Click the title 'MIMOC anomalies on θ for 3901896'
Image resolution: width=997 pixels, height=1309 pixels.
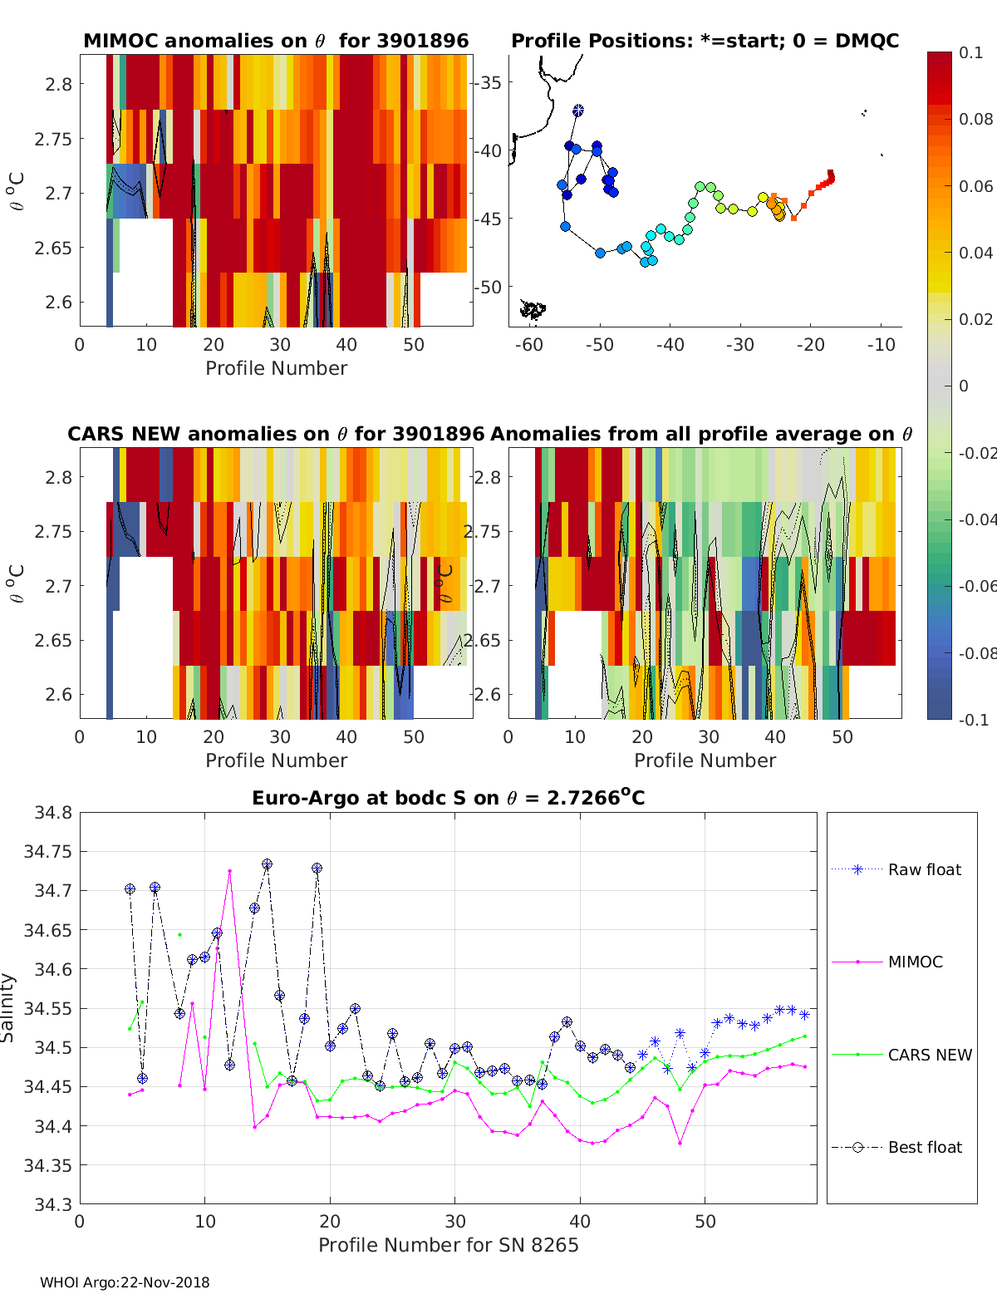coord(276,41)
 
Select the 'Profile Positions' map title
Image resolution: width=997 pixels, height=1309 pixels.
coord(705,41)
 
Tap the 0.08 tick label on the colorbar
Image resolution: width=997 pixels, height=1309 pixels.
coord(975,119)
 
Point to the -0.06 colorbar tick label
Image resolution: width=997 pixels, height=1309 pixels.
coord(977,586)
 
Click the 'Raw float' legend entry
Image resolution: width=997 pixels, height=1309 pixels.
coord(924,869)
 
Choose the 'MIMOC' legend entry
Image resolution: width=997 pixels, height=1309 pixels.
coord(915,962)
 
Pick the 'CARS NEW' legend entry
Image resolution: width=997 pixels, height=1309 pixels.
coord(929,1055)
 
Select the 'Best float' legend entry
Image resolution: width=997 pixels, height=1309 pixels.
coord(924,1147)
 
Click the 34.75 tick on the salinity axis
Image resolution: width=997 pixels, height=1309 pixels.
coord(47,851)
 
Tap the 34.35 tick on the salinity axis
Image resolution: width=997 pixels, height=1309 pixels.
coord(47,1165)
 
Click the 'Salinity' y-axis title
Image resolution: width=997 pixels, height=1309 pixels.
coord(8,1007)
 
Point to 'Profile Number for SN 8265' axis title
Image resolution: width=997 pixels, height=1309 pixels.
coord(448,1245)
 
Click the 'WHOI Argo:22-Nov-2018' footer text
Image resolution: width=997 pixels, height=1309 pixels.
coord(125,1282)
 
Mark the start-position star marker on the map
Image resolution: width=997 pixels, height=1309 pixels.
coord(578,110)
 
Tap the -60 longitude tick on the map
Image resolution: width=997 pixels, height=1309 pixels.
coord(528,345)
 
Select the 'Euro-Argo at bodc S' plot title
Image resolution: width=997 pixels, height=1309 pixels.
coord(448,799)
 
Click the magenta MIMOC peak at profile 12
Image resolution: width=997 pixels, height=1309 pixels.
coord(229,871)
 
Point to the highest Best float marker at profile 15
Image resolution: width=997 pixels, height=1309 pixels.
coord(267,864)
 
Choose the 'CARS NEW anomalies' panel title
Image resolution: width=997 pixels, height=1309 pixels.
coord(276,434)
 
